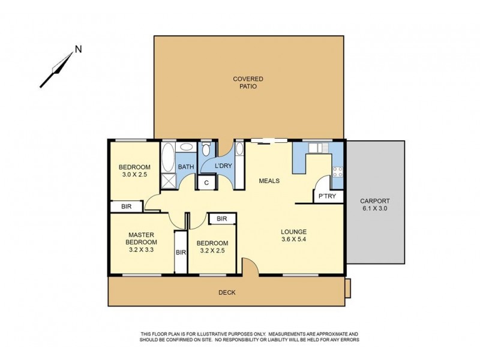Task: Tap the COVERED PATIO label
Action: pyautogui.click(x=248, y=83)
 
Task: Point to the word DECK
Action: pyautogui.click(x=227, y=293)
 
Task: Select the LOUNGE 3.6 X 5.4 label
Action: pyautogui.click(x=294, y=236)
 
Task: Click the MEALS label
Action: pyautogui.click(x=269, y=181)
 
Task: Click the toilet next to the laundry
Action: pyautogui.click(x=206, y=149)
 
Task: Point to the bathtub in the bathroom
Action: pyautogui.click(x=168, y=157)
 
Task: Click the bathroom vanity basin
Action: pyautogui.click(x=187, y=148)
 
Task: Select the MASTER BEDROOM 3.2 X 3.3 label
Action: pyautogui.click(x=141, y=242)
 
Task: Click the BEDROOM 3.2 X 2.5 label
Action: pyautogui.click(x=212, y=247)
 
